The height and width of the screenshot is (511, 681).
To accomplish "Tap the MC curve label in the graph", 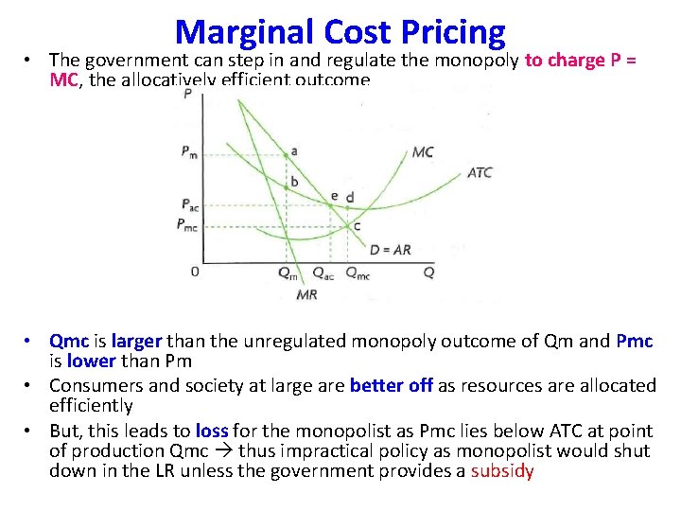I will (x=423, y=151).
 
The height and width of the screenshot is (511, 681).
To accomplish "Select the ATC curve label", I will (x=480, y=173).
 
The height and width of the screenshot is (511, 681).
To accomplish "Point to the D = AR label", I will (x=390, y=250).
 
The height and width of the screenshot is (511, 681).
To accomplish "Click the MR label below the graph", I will (x=307, y=294).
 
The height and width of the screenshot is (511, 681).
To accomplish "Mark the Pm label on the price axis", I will (x=189, y=153).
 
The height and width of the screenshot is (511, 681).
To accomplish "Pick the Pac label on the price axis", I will (x=189, y=204).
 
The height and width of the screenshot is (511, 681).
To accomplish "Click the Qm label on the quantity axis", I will (x=287, y=273).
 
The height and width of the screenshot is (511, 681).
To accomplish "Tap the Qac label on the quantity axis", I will (x=322, y=273).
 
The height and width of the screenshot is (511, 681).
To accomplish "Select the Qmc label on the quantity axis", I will (x=358, y=273).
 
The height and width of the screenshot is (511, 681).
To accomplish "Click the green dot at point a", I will (x=286, y=153).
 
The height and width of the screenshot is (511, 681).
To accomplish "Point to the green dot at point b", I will (x=286, y=187).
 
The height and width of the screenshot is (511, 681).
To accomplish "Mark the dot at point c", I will (x=347, y=224).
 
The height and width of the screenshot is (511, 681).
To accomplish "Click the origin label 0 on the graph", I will (x=195, y=272).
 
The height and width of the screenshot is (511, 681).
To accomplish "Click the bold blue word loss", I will (x=211, y=431).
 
